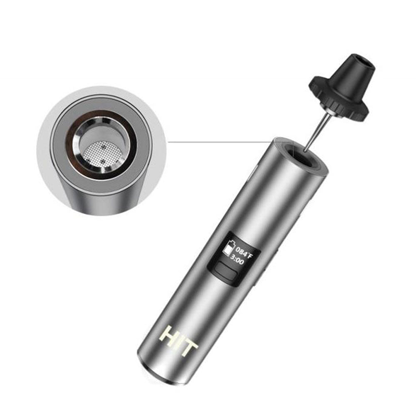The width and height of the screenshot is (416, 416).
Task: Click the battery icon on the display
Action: (x=228, y=248)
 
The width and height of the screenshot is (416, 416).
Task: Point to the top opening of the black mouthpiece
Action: (x=364, y=63)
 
